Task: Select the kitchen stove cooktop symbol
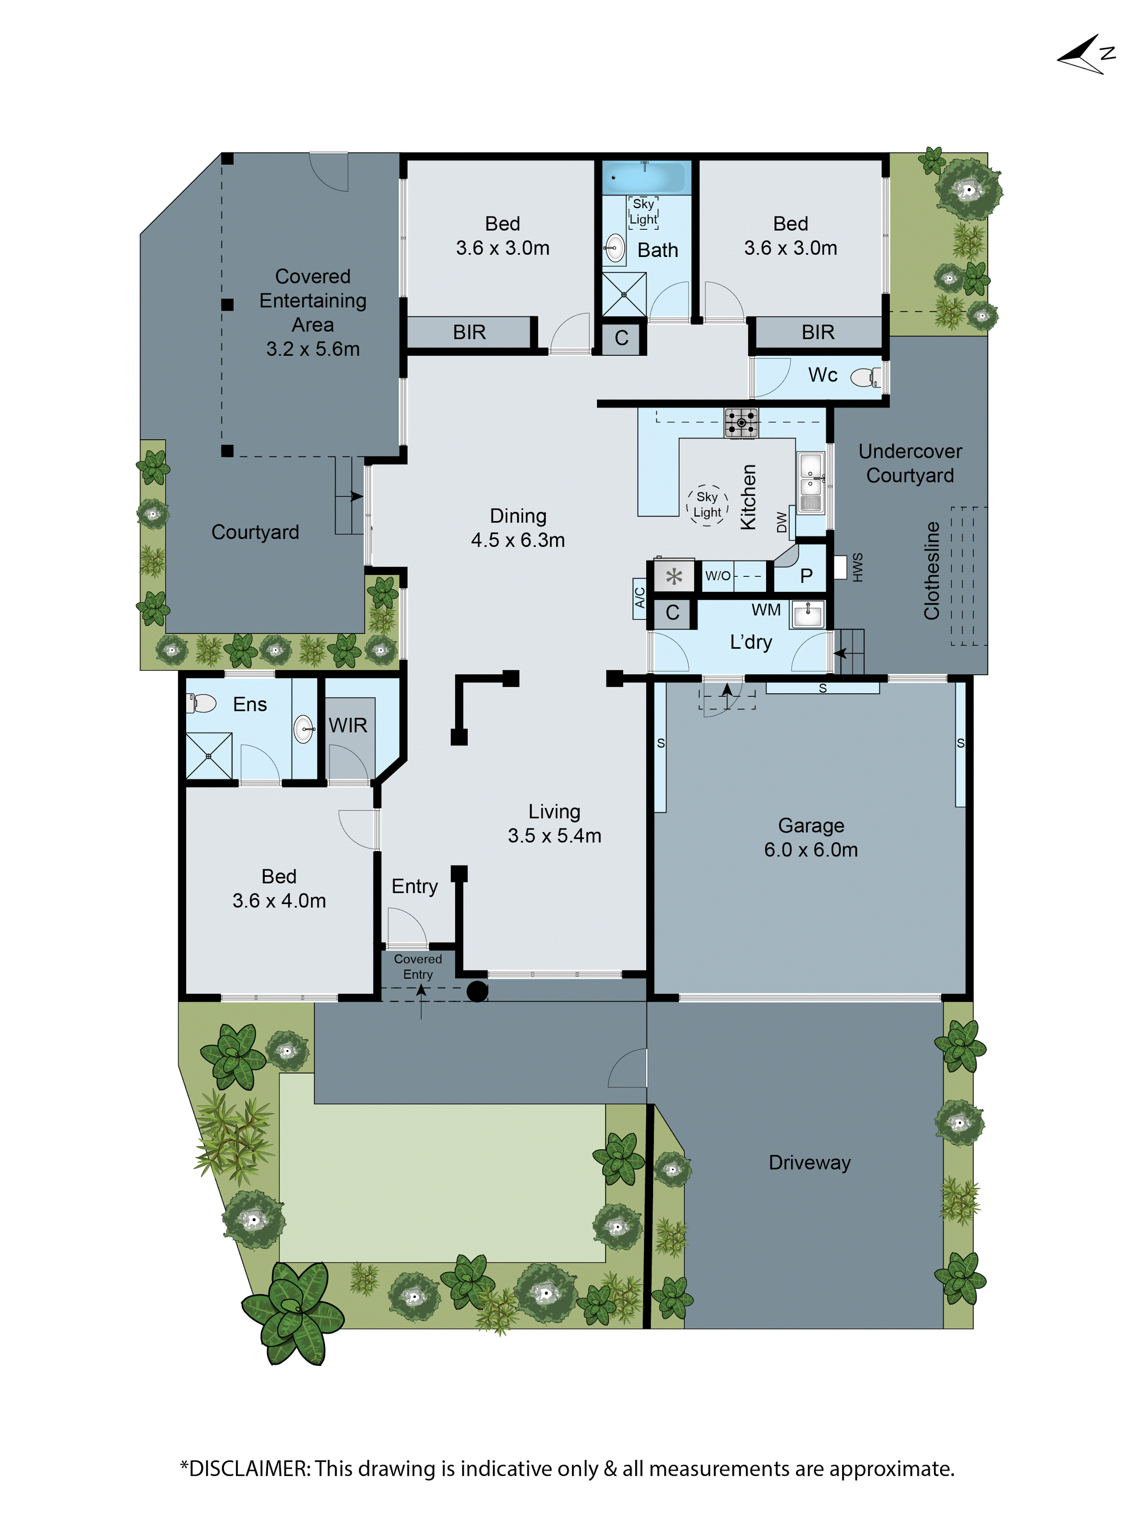click(741, 423)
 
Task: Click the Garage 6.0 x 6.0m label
click(810, 837)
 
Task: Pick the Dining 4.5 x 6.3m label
click(518, 528)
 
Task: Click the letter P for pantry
click(806, 576)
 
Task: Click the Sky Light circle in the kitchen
click(707, 505)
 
